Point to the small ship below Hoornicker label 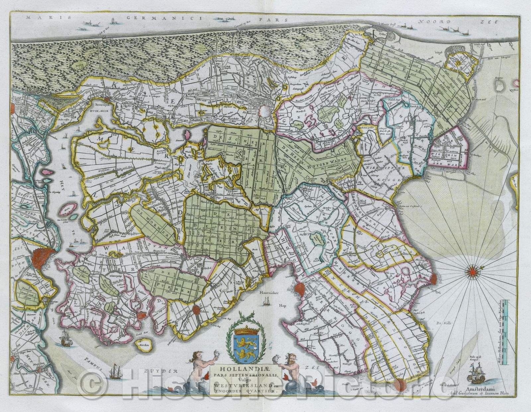(265, 301)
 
